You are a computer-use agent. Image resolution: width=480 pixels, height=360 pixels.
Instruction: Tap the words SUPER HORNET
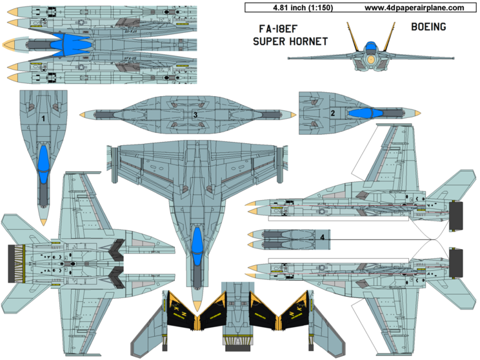[x=290, y=41]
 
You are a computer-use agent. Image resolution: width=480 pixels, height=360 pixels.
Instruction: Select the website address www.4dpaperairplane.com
[x=414, y=8]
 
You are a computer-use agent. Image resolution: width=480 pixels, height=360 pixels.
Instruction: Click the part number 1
[x=43, y=119]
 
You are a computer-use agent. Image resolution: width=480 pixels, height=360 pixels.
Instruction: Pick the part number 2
[x=332, y=114]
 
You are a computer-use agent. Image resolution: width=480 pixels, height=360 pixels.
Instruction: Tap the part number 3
[x=194, y=114]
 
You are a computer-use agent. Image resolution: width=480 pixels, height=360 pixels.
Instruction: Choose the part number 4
[x=322, y=237]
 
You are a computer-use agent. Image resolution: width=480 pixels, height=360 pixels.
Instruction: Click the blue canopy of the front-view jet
[x=371, y=46]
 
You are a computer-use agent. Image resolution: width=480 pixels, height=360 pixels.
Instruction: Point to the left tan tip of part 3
[x=83, y=114]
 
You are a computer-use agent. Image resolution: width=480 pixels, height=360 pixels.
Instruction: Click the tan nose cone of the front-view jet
[x=371, y=60]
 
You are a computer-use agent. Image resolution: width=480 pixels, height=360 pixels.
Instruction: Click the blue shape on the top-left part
[x=68, y=44]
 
